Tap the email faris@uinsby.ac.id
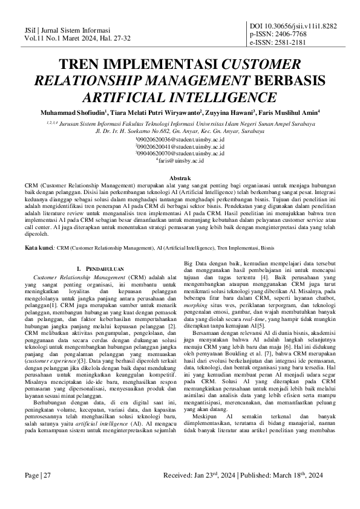[x=180, y=161]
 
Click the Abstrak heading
[x=180, y=179]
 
